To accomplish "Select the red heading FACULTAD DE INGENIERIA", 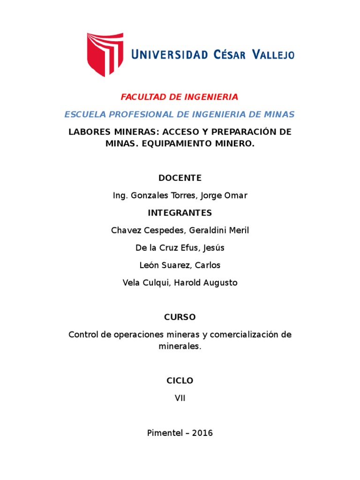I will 180,97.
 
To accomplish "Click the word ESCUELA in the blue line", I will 82,114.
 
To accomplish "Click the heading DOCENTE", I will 180,178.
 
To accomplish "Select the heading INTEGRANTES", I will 180,213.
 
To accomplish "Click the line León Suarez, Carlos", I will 180,265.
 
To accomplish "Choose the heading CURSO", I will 180,317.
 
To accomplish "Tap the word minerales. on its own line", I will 180,346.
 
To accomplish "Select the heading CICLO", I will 180,381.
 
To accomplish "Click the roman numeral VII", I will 180,398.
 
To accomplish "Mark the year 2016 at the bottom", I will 202,433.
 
